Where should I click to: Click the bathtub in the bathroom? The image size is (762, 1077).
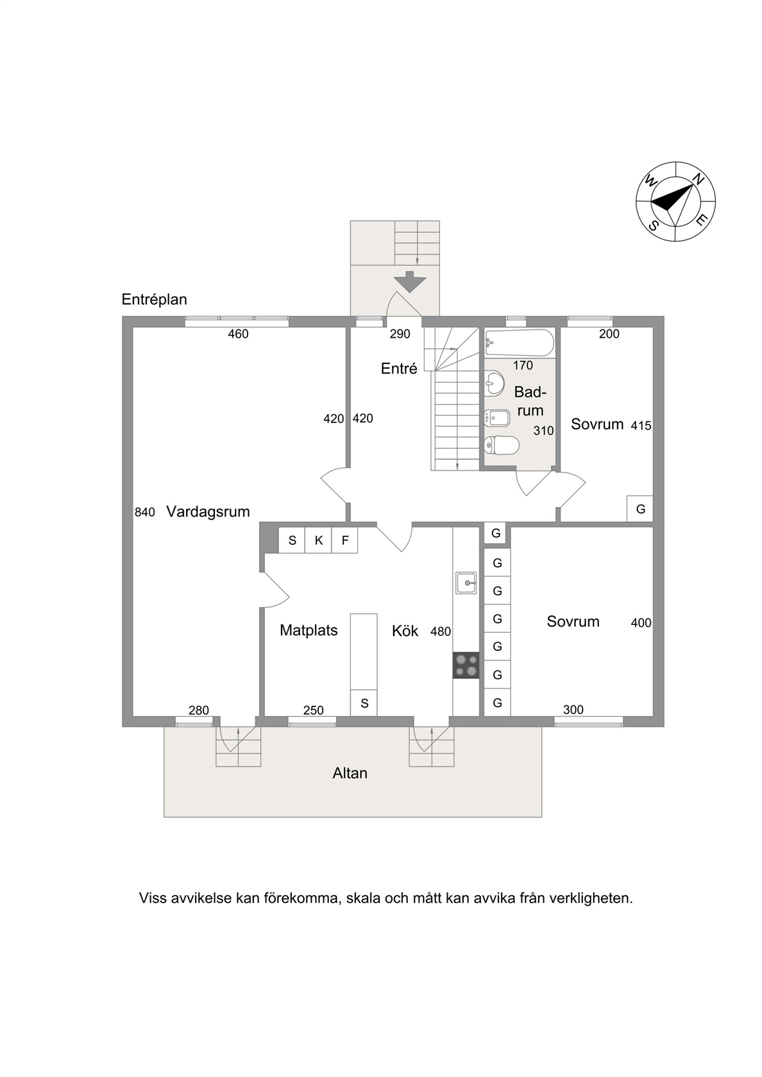click(520, 343)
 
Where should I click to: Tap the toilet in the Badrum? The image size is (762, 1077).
click(502, 445)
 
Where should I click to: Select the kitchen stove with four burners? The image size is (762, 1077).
click(466, 665)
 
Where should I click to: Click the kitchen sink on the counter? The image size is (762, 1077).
click(466, 583)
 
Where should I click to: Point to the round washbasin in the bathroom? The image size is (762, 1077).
click(494, 383)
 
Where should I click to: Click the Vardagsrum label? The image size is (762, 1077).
click(208, 512)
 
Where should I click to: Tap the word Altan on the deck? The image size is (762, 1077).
click(350, 773)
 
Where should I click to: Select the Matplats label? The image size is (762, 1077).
click(309, 630)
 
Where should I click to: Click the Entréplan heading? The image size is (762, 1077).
click(154, 299)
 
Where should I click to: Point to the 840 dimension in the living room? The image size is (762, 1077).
click(145, 513)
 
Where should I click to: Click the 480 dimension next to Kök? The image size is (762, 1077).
click(441, 631)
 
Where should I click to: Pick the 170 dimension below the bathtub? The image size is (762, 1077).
click(523, 365)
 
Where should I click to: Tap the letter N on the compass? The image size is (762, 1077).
click(698, 180)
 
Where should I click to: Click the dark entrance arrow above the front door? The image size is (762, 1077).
click(409, 282)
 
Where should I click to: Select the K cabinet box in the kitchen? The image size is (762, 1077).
click(318, 540)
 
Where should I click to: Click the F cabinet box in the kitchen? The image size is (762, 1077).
click(345, 540)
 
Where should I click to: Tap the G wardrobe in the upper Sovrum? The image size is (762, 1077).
click(640, 509)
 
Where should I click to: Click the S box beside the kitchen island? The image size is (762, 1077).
click(364, 703)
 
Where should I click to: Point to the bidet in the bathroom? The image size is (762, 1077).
click(496, 418)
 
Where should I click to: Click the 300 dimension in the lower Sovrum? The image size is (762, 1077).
click(573, 709)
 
